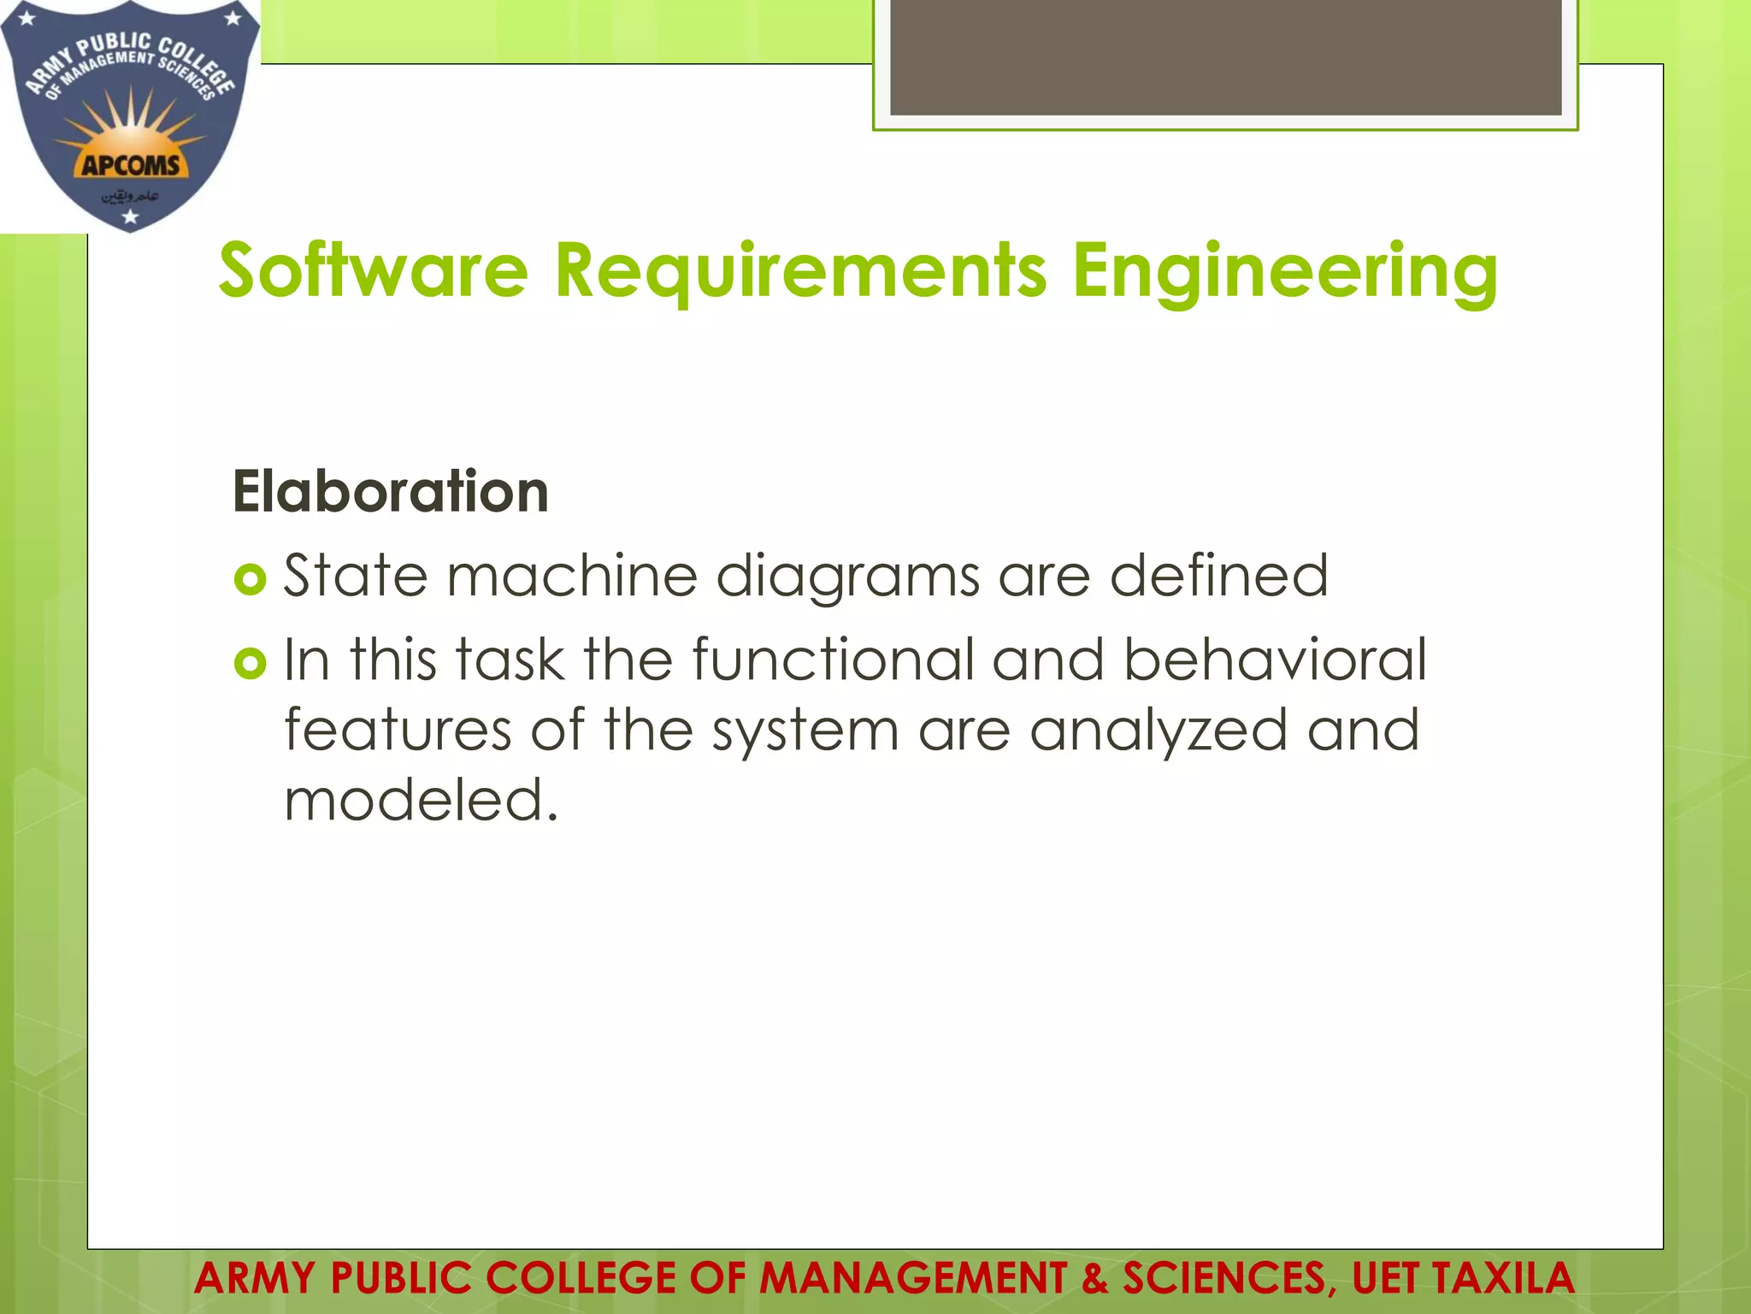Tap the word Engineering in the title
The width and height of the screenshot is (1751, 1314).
pyautogui.click(x=1284, y=272)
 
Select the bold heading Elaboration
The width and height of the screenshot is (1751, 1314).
pyautogui.click(x=390, y=492)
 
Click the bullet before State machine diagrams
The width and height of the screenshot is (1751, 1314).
pyautogui.click(x=250, y=581)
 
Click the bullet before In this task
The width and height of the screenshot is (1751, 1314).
pyautogui.click(x=250, y=663)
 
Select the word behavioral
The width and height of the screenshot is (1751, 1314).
pyautogui.click(x=1275, y=660)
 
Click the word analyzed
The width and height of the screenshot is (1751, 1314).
pyautogui.click(x=1158, y=731)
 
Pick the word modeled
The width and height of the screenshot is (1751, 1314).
pyautogui.click(x=420, y=800)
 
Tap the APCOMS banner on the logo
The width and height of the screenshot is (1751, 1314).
pyautogui.click(x=131, y=165)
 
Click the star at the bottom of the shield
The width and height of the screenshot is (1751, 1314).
pyautogui.click(x=130, y=217)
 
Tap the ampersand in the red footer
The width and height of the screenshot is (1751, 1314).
pyautogui.click(x=1094, y=1278)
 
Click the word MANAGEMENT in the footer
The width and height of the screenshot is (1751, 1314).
pyautogui.click(x=912, y=1278)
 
